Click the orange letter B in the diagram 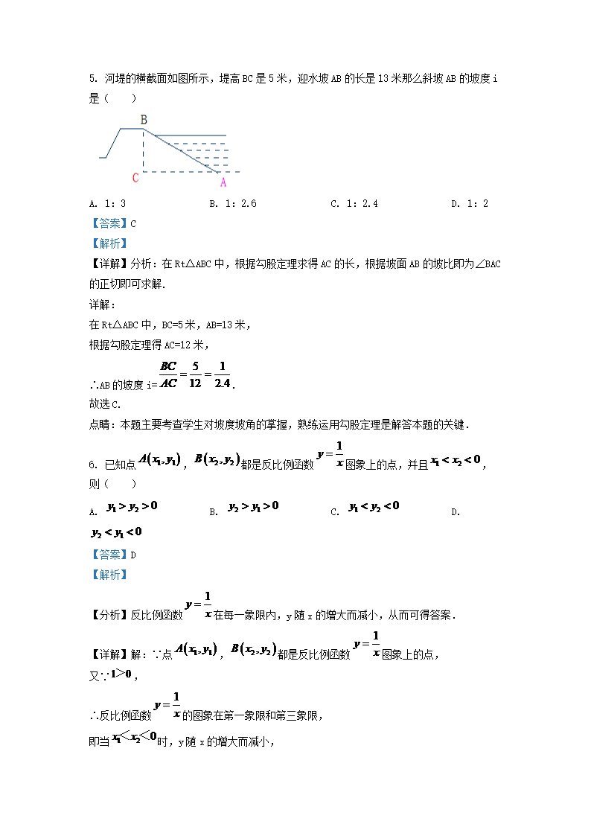tap(144, 120)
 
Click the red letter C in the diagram tap(135, 178)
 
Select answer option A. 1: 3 tap(107, 204)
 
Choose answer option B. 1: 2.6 tap(232, 204)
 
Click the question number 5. tap(92, 78)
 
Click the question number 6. tap(92, 465)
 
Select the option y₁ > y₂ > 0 tap(132, 506)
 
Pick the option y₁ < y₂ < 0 tap(374, 506)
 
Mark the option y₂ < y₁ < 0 tap(116, 532)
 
